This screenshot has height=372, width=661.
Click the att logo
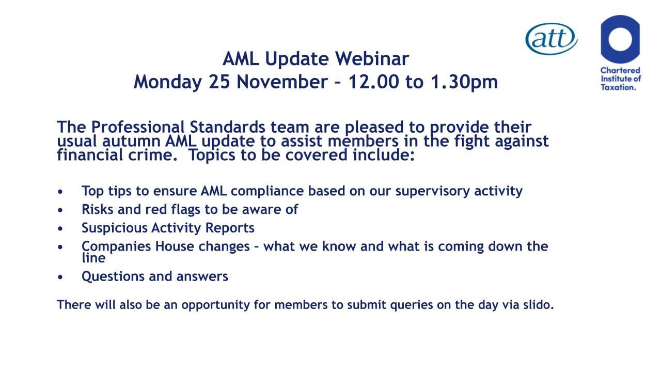551,39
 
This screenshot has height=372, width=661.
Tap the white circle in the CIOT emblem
620,39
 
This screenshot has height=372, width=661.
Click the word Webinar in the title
372,58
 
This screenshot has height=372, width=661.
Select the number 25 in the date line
219,82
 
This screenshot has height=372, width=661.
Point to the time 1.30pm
464,82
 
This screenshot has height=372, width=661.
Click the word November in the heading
282,82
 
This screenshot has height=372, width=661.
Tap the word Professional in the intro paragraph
137,127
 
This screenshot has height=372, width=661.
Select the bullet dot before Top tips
60,191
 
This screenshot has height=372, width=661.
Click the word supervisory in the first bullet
432,191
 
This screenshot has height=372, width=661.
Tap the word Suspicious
114,228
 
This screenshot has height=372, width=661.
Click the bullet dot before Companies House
60,246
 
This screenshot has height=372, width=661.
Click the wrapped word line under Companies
93,258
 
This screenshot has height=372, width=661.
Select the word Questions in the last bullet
113,276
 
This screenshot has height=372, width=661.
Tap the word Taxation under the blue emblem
618,87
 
